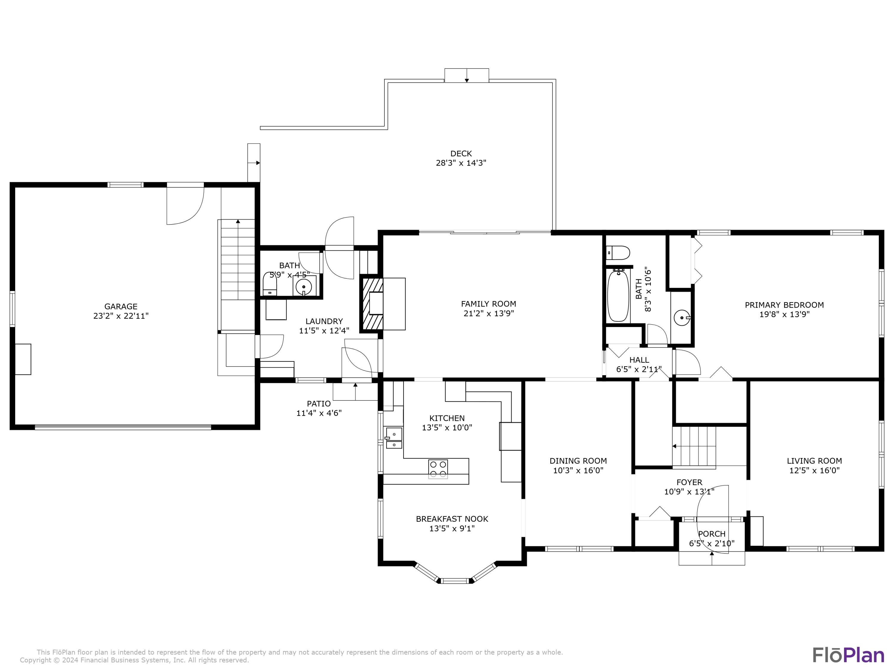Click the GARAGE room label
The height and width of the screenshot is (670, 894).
click(121, 306)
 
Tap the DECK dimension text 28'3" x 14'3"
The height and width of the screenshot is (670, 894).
click(461, 163)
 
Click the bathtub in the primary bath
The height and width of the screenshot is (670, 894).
click(618, 296)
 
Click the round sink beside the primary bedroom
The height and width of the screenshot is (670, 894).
click(682, 317)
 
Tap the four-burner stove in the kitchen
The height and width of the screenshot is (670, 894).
click(438, 469)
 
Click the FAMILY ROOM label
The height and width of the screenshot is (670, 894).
click(489, 304)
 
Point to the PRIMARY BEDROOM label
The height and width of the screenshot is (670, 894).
click(784, 305)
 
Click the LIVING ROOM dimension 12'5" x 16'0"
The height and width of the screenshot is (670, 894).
click(814, 470)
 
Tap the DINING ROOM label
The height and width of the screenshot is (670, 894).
click(578, 461)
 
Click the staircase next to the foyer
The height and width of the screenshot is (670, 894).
click(694, 447)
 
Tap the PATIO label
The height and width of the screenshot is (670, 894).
click(319, 404)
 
